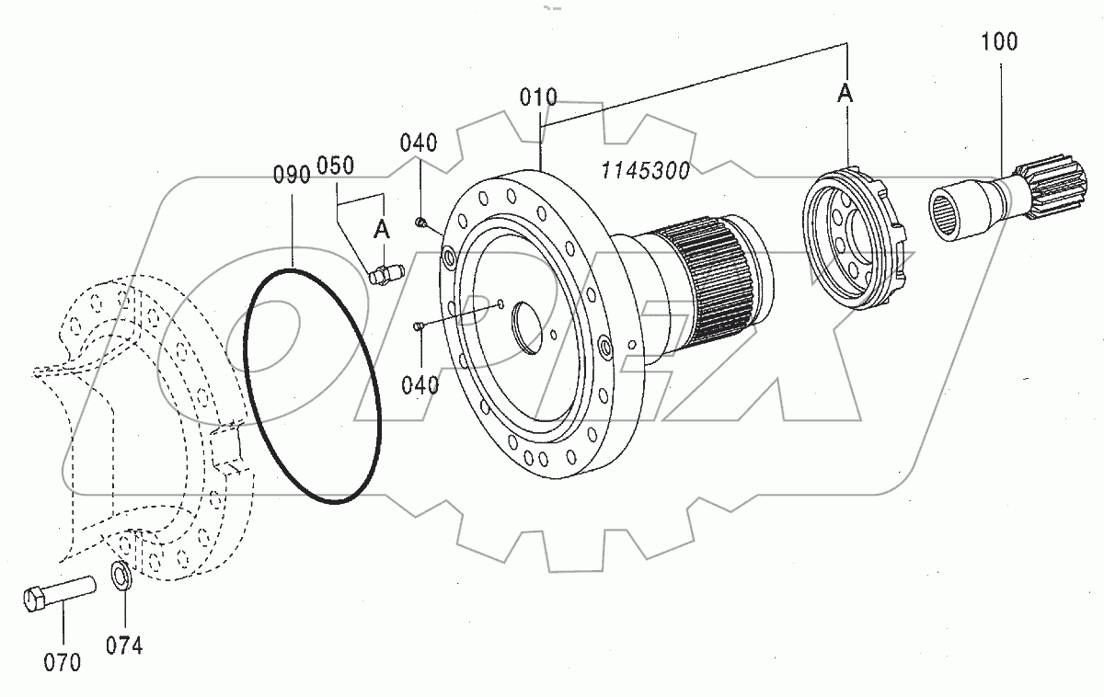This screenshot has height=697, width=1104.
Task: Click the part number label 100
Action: tap(999, 42)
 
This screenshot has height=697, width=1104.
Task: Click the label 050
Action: tap(335, 165)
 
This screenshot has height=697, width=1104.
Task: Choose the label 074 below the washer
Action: tap(124, 646)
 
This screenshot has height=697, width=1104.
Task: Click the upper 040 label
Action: tap(419, 143)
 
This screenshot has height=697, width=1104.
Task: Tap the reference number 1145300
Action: tap(646, 170)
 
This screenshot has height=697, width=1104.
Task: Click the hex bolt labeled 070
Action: tap(58, 591)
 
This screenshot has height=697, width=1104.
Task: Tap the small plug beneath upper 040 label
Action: tap(420, 221)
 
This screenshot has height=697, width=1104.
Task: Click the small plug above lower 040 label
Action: tap(419, 324)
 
